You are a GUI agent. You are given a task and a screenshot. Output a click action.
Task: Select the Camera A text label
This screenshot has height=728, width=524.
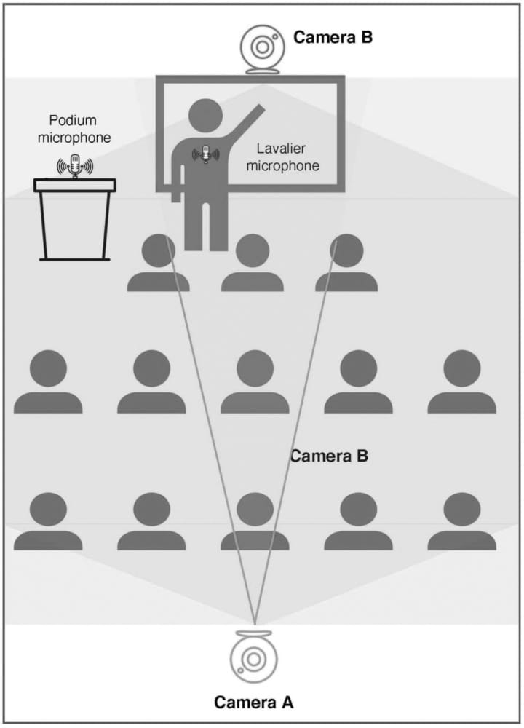[253, 703]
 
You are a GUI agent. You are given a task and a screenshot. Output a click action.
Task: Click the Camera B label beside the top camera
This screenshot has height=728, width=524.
[333, 37]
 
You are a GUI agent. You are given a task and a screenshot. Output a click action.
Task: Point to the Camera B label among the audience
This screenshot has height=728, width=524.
[329, 456]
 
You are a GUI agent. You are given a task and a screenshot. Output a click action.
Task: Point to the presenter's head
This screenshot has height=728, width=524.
[206, 116]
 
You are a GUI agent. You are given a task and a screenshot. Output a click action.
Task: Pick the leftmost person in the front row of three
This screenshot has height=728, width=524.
[159, 264]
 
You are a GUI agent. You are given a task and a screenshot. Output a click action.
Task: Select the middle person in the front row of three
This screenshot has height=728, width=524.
[252, 264]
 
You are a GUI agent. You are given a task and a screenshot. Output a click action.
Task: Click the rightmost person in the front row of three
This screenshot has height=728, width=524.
[346, 264]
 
